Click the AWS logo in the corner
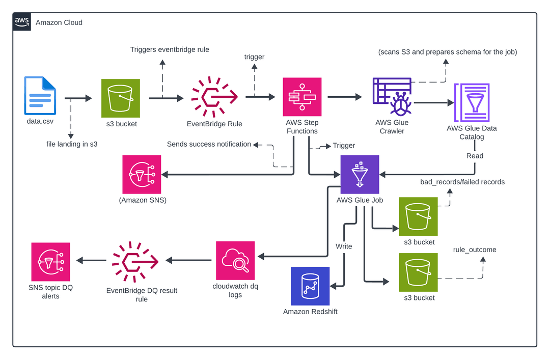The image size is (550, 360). coord(22,22)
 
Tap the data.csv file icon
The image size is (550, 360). coord(40,96)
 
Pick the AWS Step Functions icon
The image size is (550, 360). coord(302,97)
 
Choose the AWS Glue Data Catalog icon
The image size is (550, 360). coord(472,102)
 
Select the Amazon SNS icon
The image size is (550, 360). coord(142,174)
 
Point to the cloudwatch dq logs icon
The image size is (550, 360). coord(235,260)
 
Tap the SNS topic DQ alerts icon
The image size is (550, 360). coord(50,261)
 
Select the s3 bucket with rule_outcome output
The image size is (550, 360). coord(418,272)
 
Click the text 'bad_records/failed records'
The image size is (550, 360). coord(462,182)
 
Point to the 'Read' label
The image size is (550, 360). coord(475,156)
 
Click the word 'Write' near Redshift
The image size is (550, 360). coord(344,246)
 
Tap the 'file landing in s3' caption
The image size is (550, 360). coord(71,144)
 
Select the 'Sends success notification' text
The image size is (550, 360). coord(209,144)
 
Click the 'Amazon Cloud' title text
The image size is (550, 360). coord(59,22)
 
